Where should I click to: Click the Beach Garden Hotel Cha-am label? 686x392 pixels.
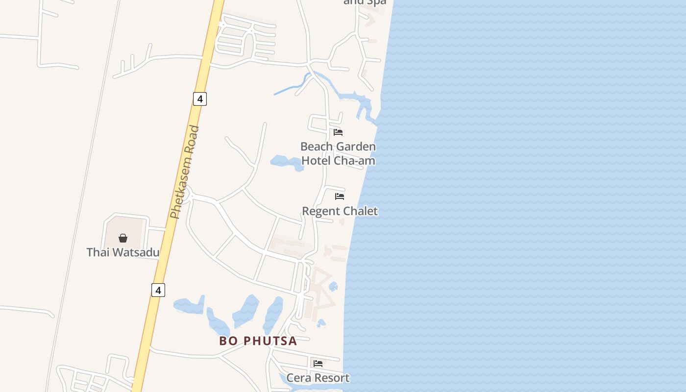338,153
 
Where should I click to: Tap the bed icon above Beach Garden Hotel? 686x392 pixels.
338,132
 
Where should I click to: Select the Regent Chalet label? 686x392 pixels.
340,211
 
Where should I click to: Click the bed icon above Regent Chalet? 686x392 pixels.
340,196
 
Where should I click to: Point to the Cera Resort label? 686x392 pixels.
318,378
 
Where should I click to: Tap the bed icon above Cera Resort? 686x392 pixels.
318,364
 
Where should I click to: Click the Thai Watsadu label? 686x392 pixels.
123,252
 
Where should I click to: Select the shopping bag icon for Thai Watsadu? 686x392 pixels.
123,238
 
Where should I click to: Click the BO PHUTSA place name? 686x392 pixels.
258,341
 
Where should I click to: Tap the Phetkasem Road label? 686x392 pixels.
185,172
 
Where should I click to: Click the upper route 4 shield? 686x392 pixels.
199,99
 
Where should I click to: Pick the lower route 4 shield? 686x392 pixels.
158,290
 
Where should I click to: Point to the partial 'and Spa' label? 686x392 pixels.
365,2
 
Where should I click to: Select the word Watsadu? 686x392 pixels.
137,252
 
